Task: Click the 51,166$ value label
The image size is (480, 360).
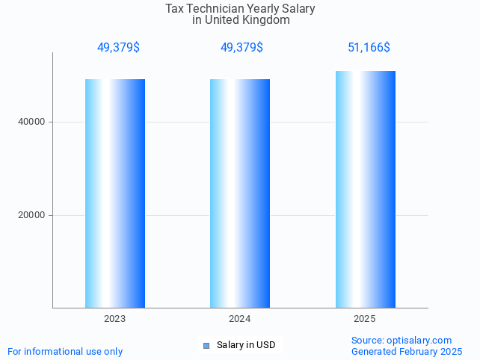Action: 369,48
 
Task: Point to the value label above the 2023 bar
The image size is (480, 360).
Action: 118,48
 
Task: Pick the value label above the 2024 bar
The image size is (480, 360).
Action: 241,48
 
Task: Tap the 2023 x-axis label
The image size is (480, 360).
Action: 114,319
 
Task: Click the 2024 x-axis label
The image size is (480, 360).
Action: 239,319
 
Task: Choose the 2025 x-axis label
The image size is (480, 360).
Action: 365,319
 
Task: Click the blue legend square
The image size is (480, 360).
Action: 206,345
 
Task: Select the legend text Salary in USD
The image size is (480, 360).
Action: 246,345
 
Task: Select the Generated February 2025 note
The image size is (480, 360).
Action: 406,351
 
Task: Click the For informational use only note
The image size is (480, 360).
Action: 65,351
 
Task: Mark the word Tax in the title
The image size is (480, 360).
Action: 174,9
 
